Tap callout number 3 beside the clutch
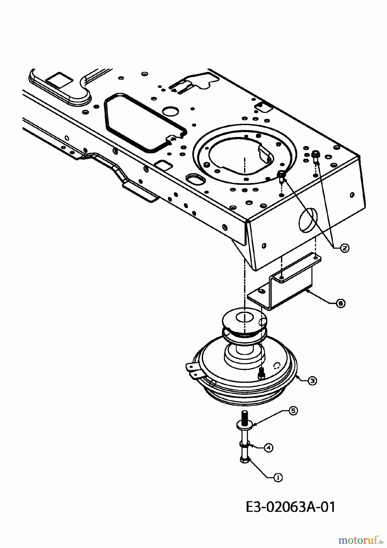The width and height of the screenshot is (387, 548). pos(312,380)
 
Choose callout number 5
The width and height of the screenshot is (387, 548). pos(293,411)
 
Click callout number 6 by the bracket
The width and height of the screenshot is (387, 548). pos(341,303)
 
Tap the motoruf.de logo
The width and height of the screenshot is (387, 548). pos(361,540)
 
